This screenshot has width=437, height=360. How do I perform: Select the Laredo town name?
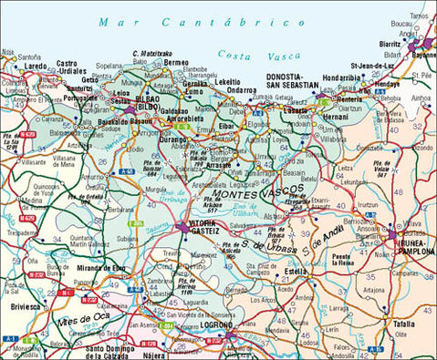point(35,66)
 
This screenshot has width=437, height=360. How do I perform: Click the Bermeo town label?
point(178,63)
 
